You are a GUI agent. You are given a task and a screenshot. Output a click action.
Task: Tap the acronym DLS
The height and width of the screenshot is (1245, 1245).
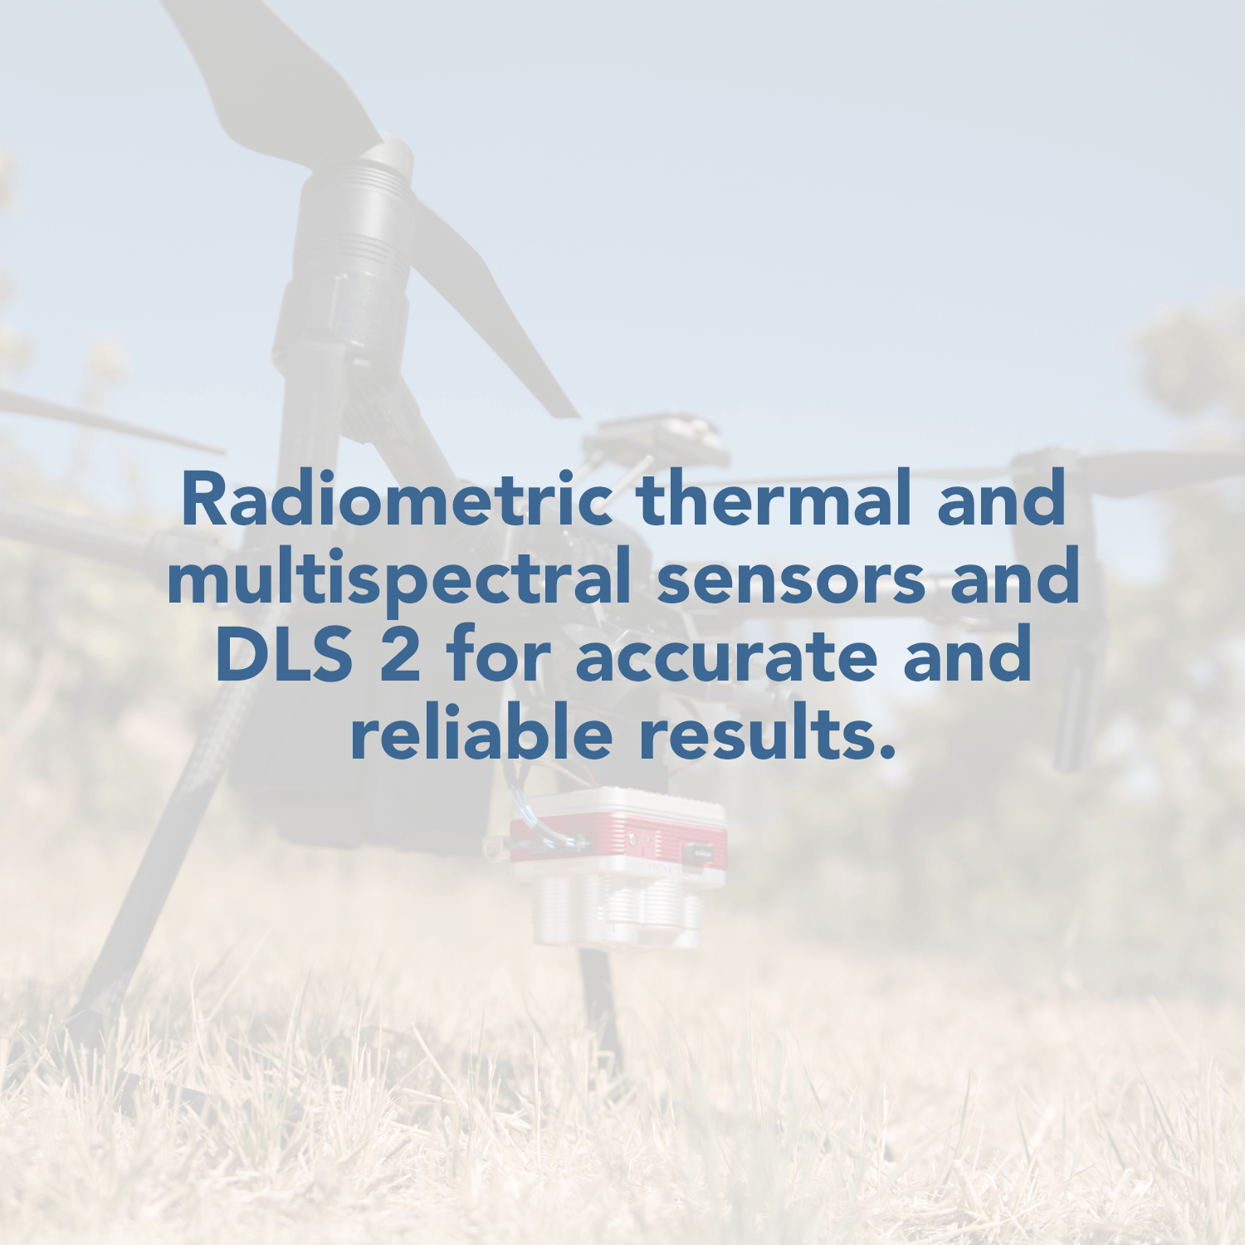(x=283, y=654)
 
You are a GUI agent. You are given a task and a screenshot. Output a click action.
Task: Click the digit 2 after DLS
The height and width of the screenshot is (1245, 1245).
(x=400, y=653)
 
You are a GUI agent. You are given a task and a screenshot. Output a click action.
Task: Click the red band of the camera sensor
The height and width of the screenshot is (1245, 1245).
(x=618, y=841)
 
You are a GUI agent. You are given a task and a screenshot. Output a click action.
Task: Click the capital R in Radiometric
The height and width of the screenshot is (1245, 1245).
(x=203, y=499)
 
